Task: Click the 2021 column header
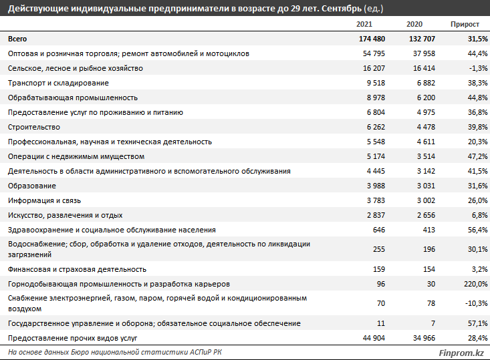click(364, 24)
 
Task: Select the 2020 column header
click(414, 24)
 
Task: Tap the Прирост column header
click(465, 24)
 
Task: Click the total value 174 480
click(372, 39)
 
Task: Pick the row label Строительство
click(33, 127)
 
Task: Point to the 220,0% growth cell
click(475, 284)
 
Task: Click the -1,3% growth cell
click(478, 68)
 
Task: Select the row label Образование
click(32, 186)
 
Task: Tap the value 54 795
click(374, 53)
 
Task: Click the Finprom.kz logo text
click(461, 353)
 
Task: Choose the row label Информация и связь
click(44, 200)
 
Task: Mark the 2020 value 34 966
click(424, 338)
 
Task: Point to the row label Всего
click(17, 39)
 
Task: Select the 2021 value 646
click(379, 230)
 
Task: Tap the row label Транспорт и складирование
click(58, 83)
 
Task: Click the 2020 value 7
click(433, 323)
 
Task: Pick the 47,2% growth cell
click(477, 156)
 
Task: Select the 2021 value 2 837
click(376, 215)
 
